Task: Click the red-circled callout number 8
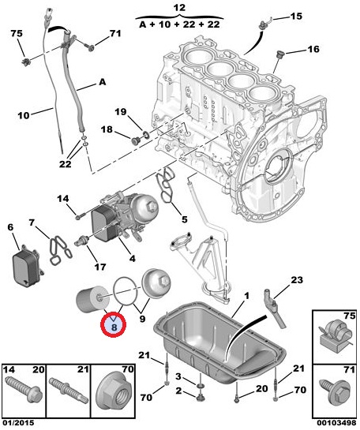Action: pyautogui.click(x=114, y=327)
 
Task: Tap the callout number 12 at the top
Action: pyautogui.click(x=180, y=7)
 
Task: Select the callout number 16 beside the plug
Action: pyautogui.click(x=313, y=49)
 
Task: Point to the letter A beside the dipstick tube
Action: pyautogui.click(x=102, y=82)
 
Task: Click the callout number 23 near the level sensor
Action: pyautogui.click(x=297, y=280)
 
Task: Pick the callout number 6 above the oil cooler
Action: pyautogui.click(x=10, y=227)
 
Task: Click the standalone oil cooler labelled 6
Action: pyautogui.click(x=27, y=264)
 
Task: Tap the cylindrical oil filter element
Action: pyautogui.click(x=92, y=299)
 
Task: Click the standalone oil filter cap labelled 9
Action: pyautogui.click(x=156, y=283)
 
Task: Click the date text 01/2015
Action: pyautogui.click(x=18, y=423)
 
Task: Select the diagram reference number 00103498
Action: pyautogui.click(x=337, y=423)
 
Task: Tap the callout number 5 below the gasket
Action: pyautogui.click(x=185, y=219)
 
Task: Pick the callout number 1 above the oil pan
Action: pyautogui.click(x=246, y=296)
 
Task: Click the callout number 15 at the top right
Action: pyautogui.click(x=296, y=17)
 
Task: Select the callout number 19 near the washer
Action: pyautogui.click(x=120, y=112)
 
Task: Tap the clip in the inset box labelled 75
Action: pyautogui.click(x=335, y=335)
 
